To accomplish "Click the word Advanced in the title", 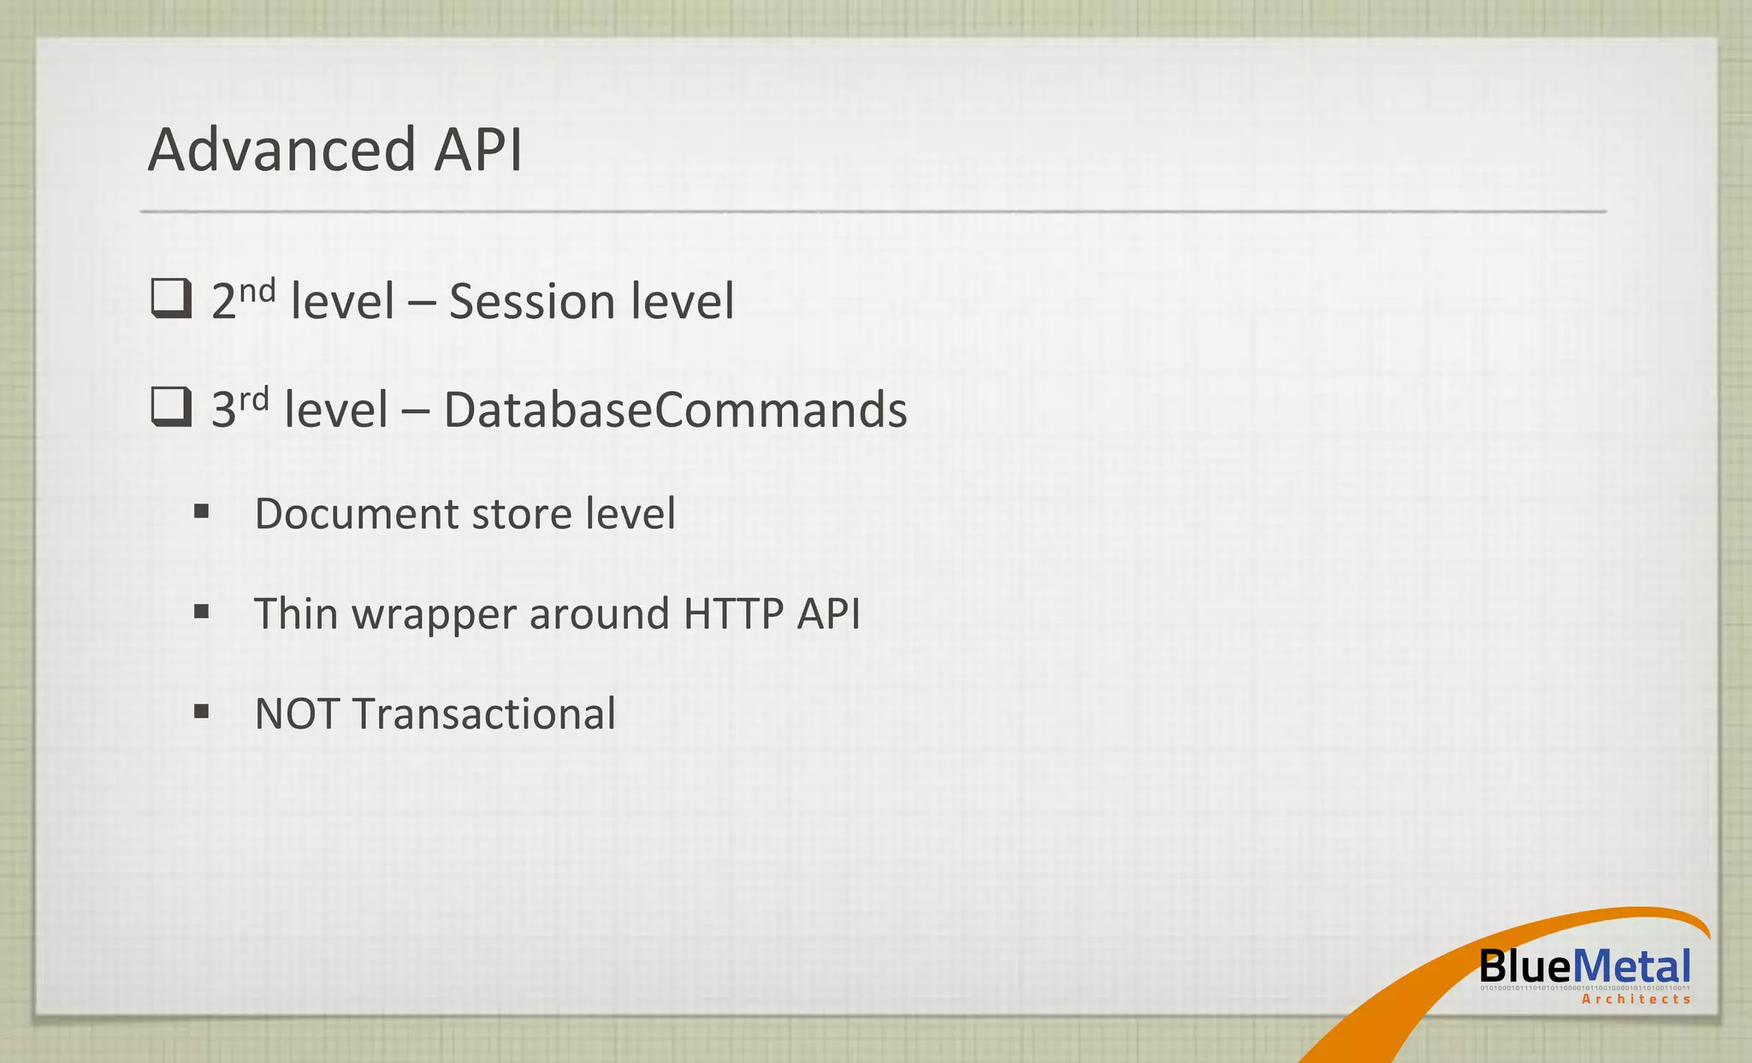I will click(281, 150).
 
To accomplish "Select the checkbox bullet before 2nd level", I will click(171, 299).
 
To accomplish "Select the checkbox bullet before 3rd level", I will click(171, 407).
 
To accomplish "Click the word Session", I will click(531, 302).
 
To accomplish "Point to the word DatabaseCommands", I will click(675, 410).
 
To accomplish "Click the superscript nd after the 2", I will click(257, 292).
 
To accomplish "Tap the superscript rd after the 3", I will click(253, 399).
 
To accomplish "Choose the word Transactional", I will click(484, 714).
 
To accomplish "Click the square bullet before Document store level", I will click(202, 512).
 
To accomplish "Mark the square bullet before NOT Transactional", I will click(202, 712).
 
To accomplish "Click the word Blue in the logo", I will click(1524, 967).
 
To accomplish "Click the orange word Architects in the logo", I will click(1636, 999).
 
